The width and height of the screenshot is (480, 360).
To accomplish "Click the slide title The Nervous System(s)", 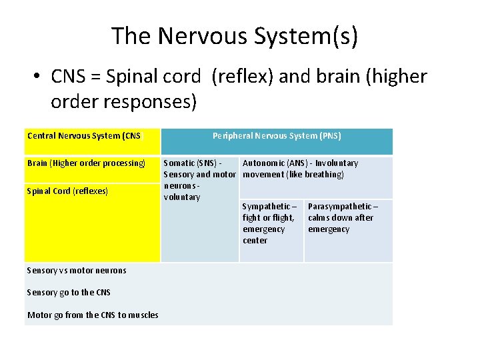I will (x=235, y=35).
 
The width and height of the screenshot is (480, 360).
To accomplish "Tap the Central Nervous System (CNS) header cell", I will (x=85, y=136).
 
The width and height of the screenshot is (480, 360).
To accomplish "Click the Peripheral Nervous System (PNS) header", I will (x=277, y=136).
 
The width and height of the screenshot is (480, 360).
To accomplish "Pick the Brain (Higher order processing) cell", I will (x=86, y=163).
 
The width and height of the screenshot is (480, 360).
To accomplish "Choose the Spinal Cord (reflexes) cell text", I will (x=67, y=191).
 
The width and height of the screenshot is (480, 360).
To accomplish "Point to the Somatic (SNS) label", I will (x=189, y=163).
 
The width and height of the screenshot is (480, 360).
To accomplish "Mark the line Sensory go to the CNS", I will (x=69, y=293).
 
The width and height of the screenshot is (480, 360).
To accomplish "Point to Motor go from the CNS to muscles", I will (x=93, y=315).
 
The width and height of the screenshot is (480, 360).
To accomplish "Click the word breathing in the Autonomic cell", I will (x=323, y=175).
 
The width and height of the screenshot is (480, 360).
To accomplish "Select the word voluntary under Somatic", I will (x=182, y=197).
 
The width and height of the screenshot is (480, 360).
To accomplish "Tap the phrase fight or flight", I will (x=268, y=218).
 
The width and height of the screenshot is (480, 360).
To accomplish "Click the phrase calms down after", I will (x=340, y=218).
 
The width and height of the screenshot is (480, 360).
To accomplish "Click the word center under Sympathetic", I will (x=255, y=241).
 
